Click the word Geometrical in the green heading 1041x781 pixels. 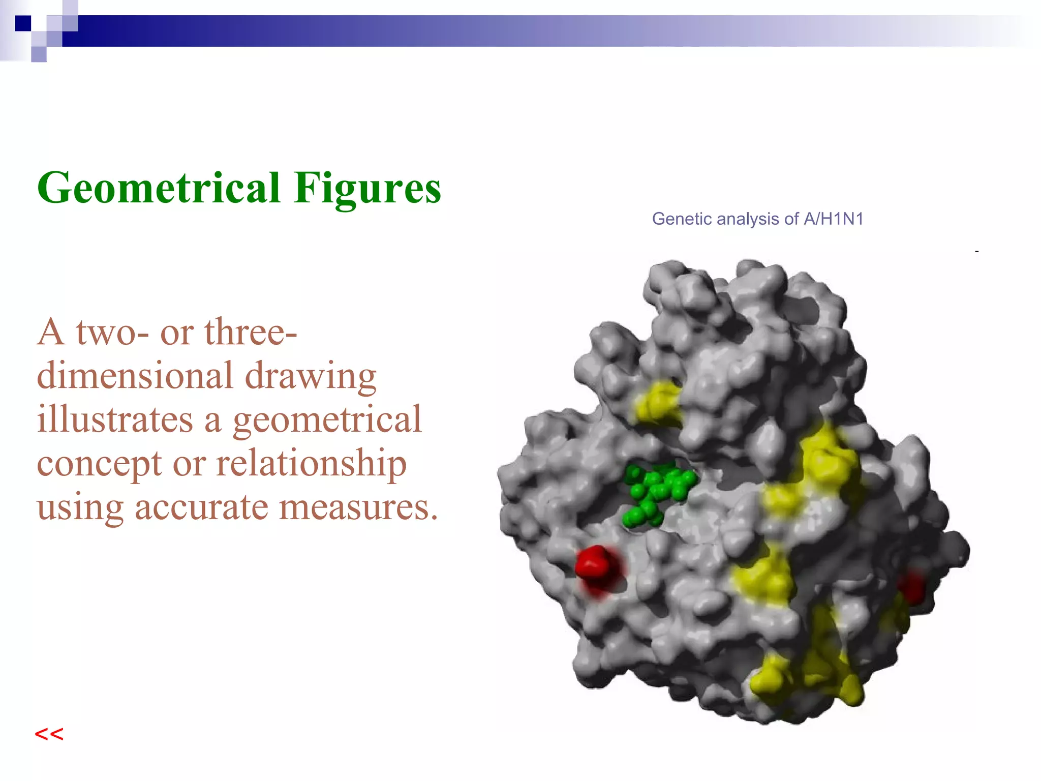(159, 188)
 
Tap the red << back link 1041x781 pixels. (49, 734)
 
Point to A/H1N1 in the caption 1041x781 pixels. (834, 219)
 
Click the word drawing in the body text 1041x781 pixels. (311, 377)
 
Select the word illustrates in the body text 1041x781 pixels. (115, 420)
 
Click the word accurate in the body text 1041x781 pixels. (201, 507)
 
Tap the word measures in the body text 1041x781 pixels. (358, 507)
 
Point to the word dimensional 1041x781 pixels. (135, 376)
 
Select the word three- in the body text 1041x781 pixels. (251, 333)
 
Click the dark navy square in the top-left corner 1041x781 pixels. (23, 23)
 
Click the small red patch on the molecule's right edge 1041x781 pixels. (911, 587)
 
